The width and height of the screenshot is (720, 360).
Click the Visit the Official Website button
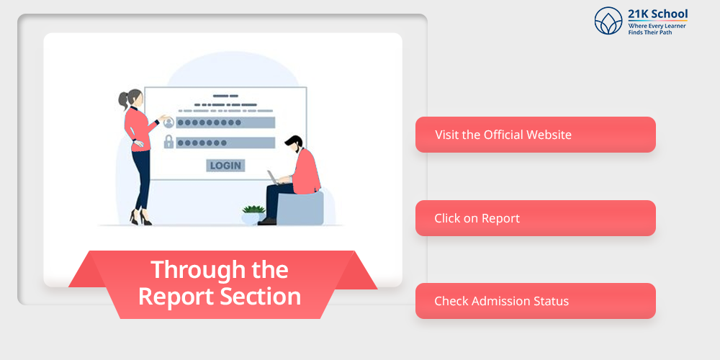[536, 135]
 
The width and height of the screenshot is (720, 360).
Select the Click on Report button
[536, 218]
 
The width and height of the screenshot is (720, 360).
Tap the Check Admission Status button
[536, 301]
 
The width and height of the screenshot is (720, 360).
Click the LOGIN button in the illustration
[225, 166]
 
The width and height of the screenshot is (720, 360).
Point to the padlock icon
[168, 141]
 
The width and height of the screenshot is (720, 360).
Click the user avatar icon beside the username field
[168, 122]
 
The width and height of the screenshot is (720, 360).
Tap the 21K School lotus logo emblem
[608, 21]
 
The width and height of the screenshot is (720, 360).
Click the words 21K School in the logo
[657, 13]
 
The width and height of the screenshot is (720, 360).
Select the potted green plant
[253, 215]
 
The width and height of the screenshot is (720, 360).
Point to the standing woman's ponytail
[124, 99]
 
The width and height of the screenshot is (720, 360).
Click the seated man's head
[294, 144]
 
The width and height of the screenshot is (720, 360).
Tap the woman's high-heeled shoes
[140, 217]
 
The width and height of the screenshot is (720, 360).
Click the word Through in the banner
[190, 269]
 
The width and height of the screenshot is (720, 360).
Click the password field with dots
[225, 143]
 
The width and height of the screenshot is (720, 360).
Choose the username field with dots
[225, 122]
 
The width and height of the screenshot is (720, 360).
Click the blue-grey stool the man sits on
[301, 208]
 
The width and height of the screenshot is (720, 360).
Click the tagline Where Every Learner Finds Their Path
[657, 30]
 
